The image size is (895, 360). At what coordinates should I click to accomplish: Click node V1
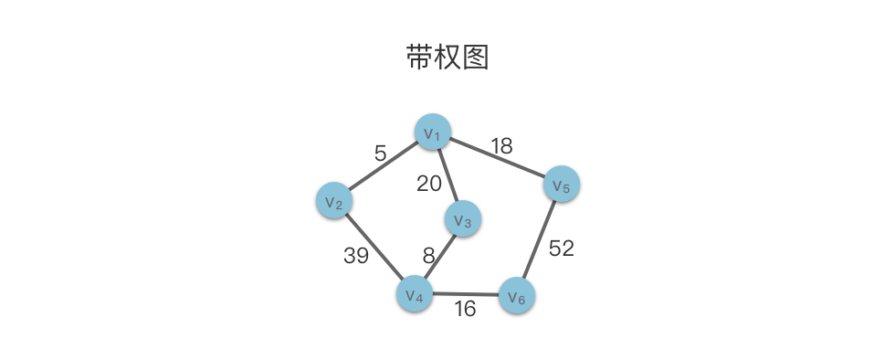pyautogui.click(x=433, y=132)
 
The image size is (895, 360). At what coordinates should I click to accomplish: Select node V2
pyautogui.click(x=334, y=201)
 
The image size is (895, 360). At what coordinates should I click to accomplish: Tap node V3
pyautogui.click(x=463, y=219)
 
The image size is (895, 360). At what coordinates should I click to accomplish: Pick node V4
pyautogui.click(x=415, y=294)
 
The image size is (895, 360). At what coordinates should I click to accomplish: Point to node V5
pyautogui.click(x=563, y=184)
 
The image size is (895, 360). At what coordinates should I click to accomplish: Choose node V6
pyautogui.click(x=517, y=296)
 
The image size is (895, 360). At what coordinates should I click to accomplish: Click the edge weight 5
pyautogui.click(x=381, y=154)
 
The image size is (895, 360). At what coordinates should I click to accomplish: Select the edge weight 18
pyautogui.click(x=501, y=146)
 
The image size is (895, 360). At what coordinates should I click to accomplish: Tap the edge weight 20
pyautogui.click(x=429, y=184)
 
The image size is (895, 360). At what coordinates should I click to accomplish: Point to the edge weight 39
pyautogui.click(x=356, y=256)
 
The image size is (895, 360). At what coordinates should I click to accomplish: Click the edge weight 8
pyautogui.click(x=429, y=256)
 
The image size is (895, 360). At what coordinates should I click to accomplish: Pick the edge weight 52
pyautogui.click(x=561, y=248)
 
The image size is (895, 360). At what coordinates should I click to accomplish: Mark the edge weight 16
pyautogui.click(x=465, y=309)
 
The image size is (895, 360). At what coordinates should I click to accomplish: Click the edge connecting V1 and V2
pyautogui.click(x=384, y=166)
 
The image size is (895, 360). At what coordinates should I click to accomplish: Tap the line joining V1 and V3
pyautogui.click(x=448, y=175)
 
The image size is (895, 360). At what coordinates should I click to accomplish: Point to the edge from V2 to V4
pyautogui.click(x=374, y=247)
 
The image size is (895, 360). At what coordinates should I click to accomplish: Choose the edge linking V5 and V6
pyautogui.click(x=540, y=240)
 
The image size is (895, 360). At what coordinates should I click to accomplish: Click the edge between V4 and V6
pyautogui.click(x=466, y=295)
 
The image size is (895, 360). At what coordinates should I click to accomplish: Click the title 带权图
pyautogui.click(x=447, y=58)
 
